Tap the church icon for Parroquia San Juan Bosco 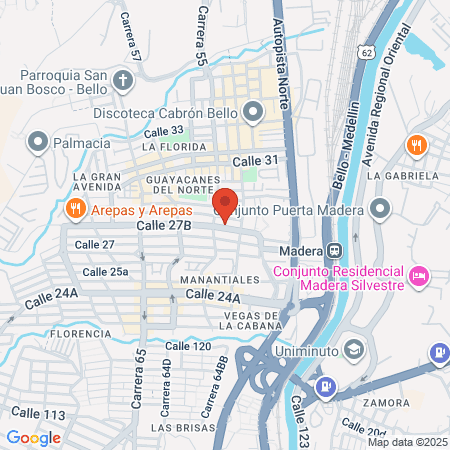pos(123,79)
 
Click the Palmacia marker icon pos(39,143)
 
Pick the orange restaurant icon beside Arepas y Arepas pos(74,209)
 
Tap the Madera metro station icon pos(337,250)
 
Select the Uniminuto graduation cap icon pos(352,348)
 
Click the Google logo pos(33,437)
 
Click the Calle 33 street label pos(164,130)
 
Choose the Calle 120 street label pos(188,346)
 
